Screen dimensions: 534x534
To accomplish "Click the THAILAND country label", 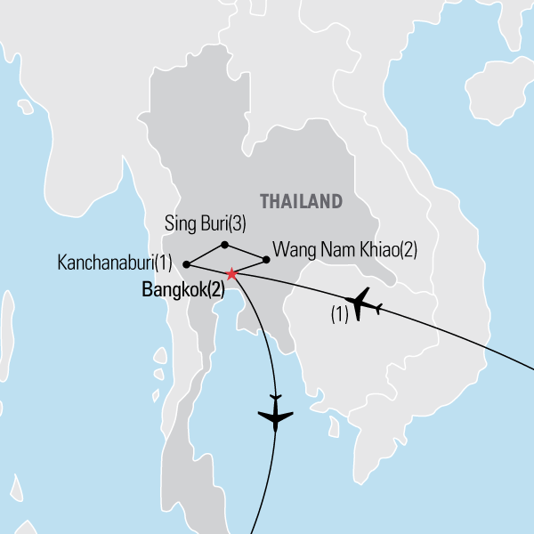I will pyautogui.click(x=301, y=201).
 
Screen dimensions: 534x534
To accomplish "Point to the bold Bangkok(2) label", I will pyautogui.click(x=182, y=289).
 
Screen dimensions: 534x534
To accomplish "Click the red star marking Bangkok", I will pyautogui.click(x=231, y=273).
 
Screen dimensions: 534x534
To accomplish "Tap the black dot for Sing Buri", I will pyautogui.click(x=224, y=245).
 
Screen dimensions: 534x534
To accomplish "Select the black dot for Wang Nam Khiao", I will pyautogui.click(x=266, y=260).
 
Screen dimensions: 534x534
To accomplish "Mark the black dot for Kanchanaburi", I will pyautogui.click(x=186, y=264).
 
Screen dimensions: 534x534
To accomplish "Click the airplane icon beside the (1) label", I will pyautogui.click(x=365, y=304).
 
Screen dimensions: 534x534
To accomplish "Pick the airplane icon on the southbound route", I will pyautogui.click(x=275, y=416).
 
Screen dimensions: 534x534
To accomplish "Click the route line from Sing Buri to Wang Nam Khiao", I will pyautogui.click(x=246, y=253).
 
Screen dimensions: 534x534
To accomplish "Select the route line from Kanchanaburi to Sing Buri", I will pyautogui.click(x=206, y=255).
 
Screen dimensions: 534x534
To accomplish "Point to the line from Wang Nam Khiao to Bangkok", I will pyautogui.click(x=250, y=266).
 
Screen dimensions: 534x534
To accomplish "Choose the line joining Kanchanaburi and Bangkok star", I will pyautogui.click(x=209, y=269).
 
